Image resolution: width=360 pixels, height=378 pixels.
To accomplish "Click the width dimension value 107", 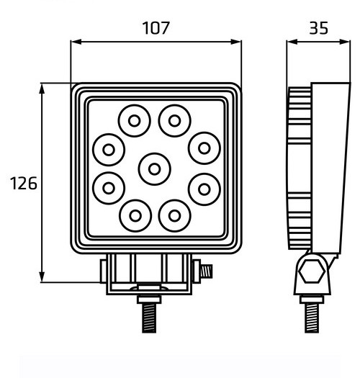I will point(156,28).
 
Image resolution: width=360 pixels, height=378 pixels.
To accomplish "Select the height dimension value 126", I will point(23,184).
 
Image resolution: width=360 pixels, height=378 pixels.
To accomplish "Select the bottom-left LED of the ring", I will point(132,214).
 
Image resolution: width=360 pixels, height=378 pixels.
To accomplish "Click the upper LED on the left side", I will point(109,150).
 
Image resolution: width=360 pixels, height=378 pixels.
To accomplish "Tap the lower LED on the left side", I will point(109,187).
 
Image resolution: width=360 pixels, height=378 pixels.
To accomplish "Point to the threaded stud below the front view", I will point(150,315).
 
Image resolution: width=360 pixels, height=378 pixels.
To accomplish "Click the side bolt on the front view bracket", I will point(207,272).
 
